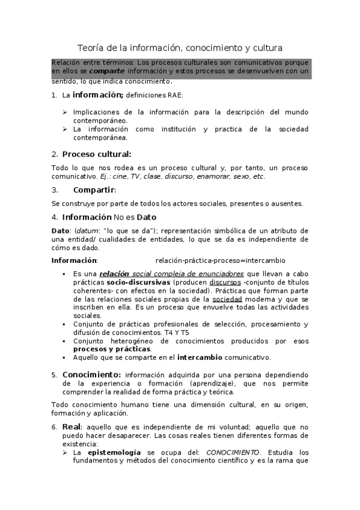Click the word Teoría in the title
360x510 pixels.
click(x=91, y=48)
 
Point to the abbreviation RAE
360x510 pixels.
click(x=174, y=95)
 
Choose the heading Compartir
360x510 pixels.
click(x=93, y=190)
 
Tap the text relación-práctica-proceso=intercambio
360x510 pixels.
click(x=220, y=260)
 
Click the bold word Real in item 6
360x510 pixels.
click(x=70, y=426)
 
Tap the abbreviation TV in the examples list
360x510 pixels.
click(x=136, y=176)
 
